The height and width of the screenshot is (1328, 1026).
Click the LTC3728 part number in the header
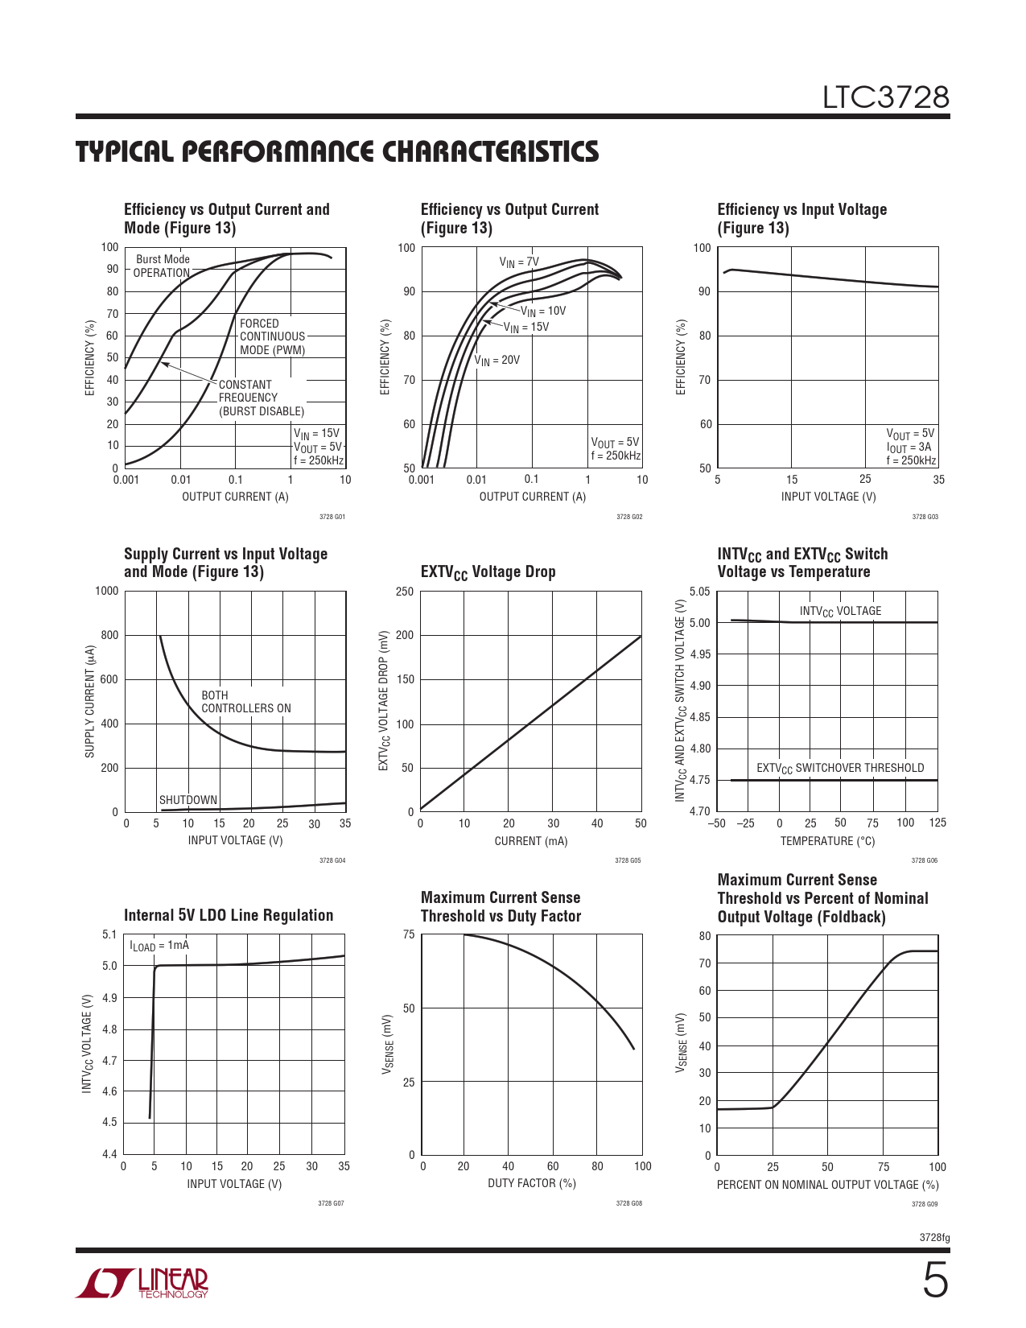click(x=885, y=97)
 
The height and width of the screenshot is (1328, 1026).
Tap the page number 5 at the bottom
click(x=934, y=1281)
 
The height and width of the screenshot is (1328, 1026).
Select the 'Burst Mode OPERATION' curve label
click(x=162, y=266)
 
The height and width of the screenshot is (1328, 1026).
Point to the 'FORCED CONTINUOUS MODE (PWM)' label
click(x=272, y=336)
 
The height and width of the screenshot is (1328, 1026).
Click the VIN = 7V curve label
click(x=519, y=262)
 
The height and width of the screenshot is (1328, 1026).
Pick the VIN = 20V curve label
click(x=497, y=361)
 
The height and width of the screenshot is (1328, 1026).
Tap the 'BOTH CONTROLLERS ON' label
click(x=245, y=702)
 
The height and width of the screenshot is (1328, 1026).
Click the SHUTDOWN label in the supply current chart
click(x=188, y=800)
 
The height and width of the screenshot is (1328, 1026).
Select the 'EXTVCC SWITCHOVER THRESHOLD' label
click(x=840, y=769)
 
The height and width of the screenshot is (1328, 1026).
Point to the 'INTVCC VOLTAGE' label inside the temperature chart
click(x=840, y=612)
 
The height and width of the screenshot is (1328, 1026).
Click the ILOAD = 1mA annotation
click(x=159, y=946)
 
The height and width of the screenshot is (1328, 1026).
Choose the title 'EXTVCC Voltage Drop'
click(x=488, y=572)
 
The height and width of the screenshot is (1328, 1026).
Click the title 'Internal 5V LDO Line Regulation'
click(x=229, y=915)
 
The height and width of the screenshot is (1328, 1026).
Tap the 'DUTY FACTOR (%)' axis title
click(x=531, y=1183)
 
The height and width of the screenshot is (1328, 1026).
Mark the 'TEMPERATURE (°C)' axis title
click(x=827, y=841)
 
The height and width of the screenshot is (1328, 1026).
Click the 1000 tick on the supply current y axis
click(x=106, y=591)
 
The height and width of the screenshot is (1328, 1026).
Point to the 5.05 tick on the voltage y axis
click(x=699, y=592)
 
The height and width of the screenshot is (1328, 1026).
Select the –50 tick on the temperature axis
click(x=716, y=823)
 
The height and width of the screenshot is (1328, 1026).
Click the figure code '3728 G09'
click(x=924, y=1204)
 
